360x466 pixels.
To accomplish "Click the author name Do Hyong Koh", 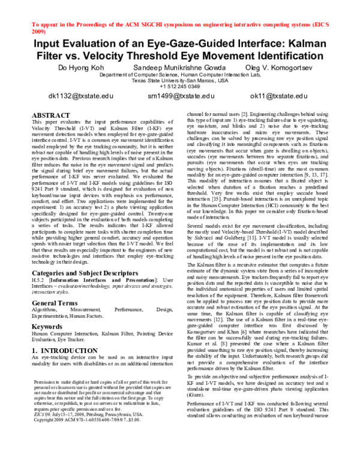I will pyautogui.click(x=82, y=68).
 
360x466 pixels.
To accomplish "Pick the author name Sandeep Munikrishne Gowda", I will pyautogui.click(x=179, y=68).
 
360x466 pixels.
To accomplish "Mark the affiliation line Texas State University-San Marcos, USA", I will pyautogui.click(x=180, y=80).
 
